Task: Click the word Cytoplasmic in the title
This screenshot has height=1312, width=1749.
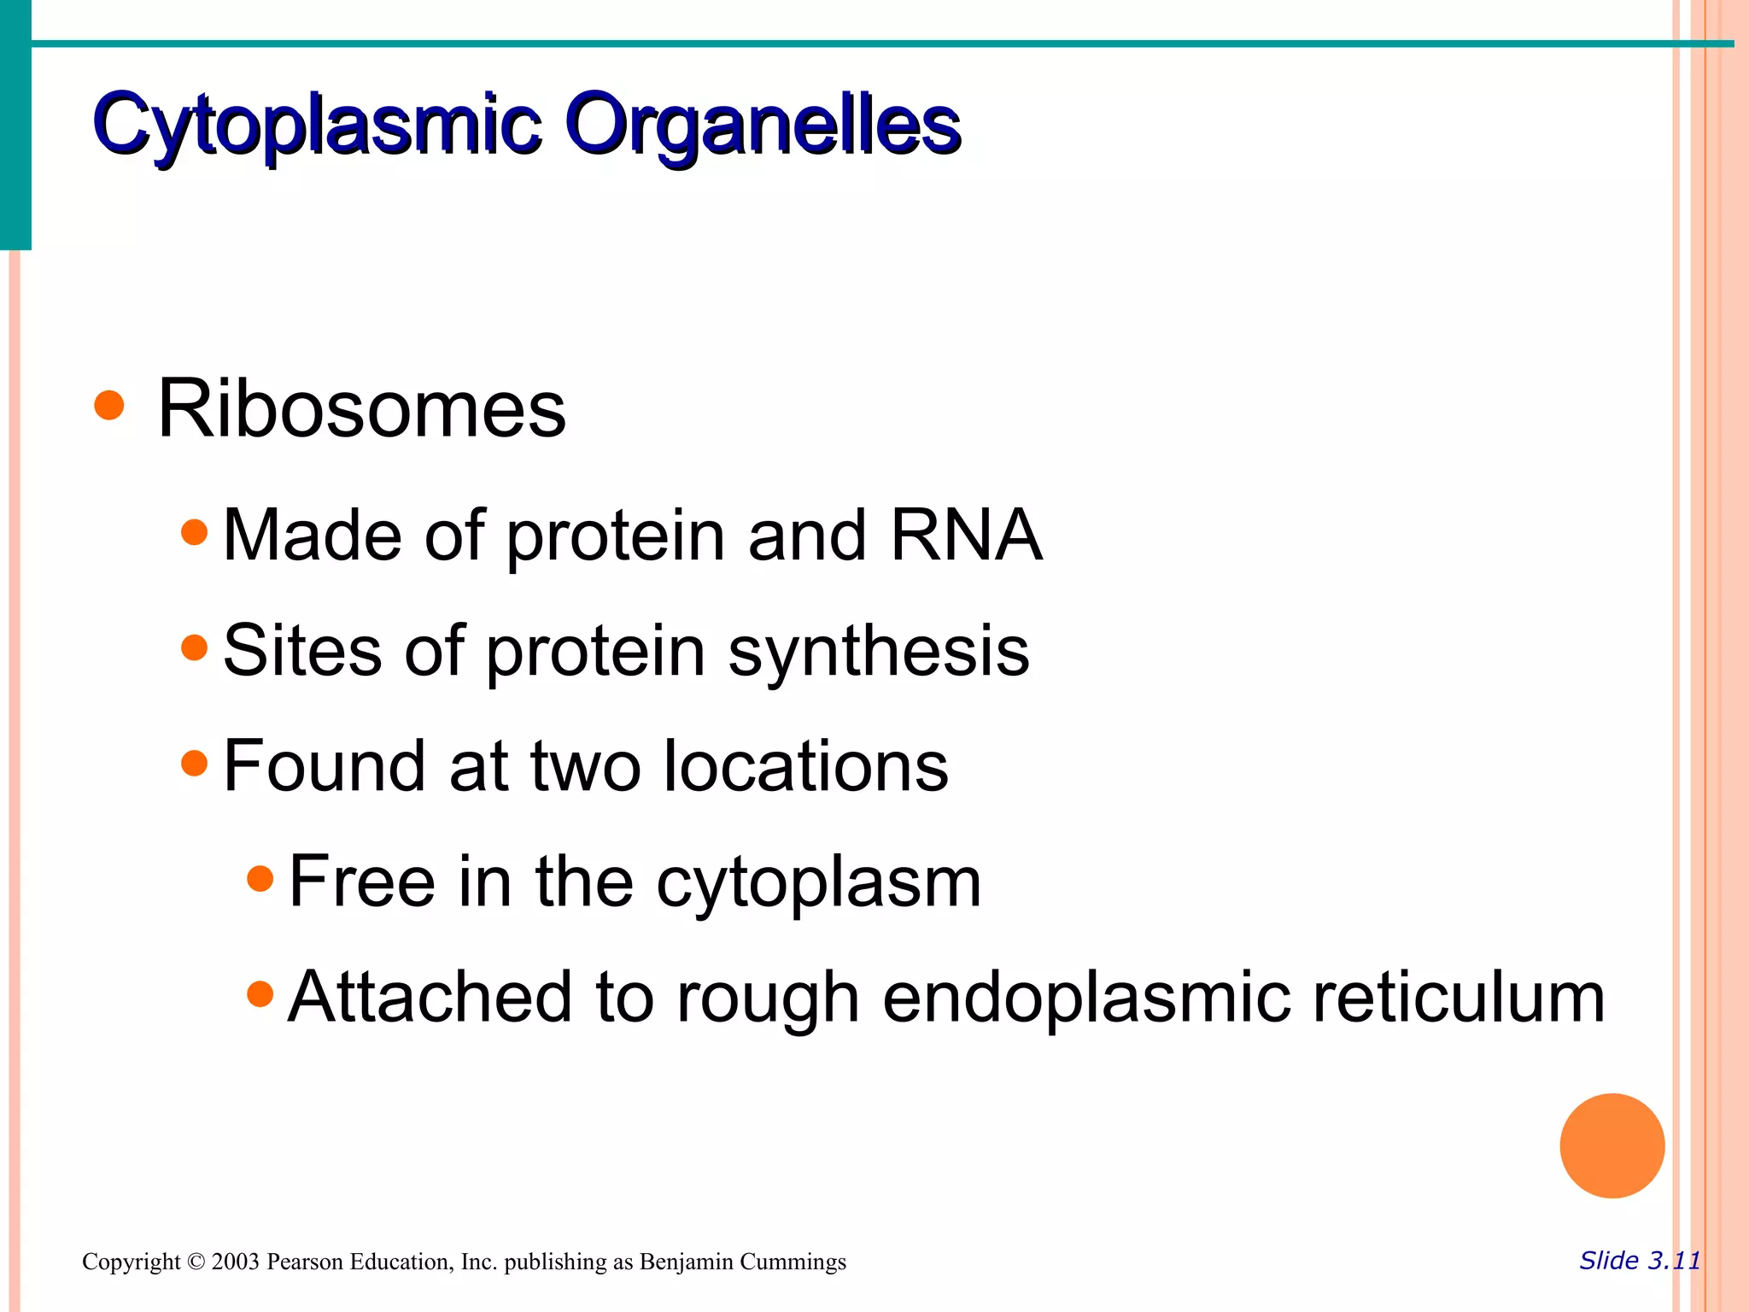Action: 316,126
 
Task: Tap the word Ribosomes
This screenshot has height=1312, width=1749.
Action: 361,409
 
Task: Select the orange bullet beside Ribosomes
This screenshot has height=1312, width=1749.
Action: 109,405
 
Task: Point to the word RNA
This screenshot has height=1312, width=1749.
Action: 966,536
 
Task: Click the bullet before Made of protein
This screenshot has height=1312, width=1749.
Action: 195,532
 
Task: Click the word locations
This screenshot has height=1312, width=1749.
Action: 805,766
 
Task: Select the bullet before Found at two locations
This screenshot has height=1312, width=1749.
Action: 195,762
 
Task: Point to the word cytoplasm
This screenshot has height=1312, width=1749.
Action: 818,883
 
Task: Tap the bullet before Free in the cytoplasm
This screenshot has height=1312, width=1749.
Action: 260,878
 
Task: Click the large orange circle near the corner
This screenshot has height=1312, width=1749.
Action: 1612,1145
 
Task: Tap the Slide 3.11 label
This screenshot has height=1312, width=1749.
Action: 1640,1261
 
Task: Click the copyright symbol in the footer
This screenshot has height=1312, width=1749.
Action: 196,1262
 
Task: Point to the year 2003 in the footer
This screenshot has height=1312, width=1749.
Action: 235,1262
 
